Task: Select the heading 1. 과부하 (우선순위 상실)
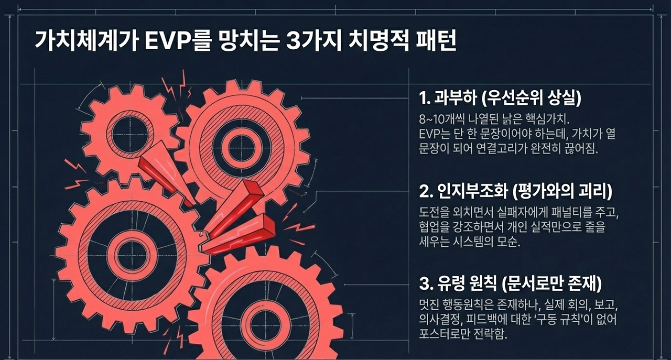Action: pyautogui.click(x=501, y=97)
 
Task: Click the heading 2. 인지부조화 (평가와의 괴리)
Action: pyautogui.click(x=516, y=192)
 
